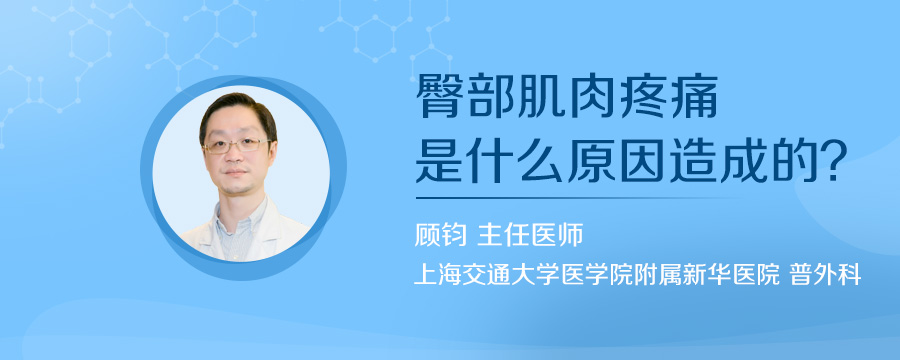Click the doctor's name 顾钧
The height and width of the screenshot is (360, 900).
(440, 236)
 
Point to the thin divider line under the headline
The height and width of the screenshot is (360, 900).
(580, 197)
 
